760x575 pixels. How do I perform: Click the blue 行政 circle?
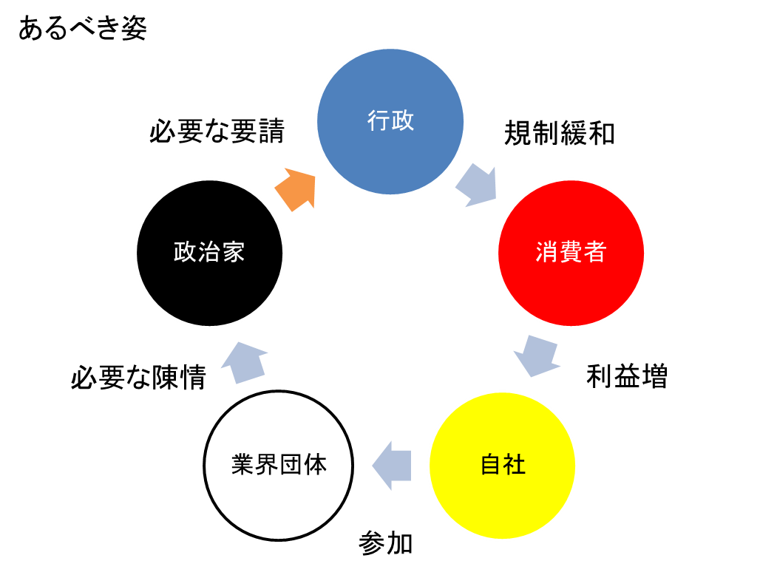pyautogui.click(x=390, y=148)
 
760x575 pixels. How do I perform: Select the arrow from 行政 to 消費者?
pyautogui.click(x=477, y=186)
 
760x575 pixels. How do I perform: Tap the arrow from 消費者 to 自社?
pyautogui.click(x=535, y=355)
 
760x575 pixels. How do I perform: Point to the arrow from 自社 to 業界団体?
pyautogui.click(x=391, y=466)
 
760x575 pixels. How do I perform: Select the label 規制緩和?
pyautogui.click(x=559, y=134)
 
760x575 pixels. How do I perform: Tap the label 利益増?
pyautogui.click(x=626, y=376)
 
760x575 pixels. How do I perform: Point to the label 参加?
pyautogui.click(x=385, y=544)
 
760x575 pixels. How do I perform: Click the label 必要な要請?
pyautogui.click(x=217, y=132)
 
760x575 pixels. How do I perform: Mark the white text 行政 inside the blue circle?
pyautogui.click(x=390, y=120)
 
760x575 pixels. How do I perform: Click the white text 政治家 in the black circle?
pyautogui.click(x=209, y=252)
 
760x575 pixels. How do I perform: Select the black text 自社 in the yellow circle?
pyautogui.click(x=503, y=465)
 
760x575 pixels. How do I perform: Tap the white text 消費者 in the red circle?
pyautogui.click(x=570, y=252)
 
